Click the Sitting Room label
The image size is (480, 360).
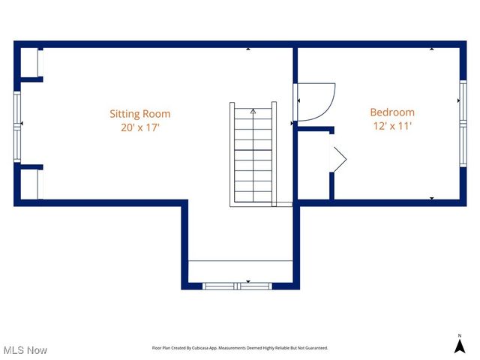(140, 114)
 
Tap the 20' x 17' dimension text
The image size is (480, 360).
(140, 127)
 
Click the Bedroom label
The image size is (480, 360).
(391, 112)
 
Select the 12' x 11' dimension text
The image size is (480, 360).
(391, 126)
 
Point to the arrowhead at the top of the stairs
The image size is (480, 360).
(253, 112)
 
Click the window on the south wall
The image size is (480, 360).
(238, 286)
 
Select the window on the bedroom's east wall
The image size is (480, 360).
(463, 120)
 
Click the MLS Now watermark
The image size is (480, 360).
(25, 350)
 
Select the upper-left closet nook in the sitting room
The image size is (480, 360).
(29, 63)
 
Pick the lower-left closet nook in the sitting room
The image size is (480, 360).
(29, 184)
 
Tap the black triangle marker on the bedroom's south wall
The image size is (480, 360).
(431, 198)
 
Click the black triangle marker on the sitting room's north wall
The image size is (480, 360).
(248, 49)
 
